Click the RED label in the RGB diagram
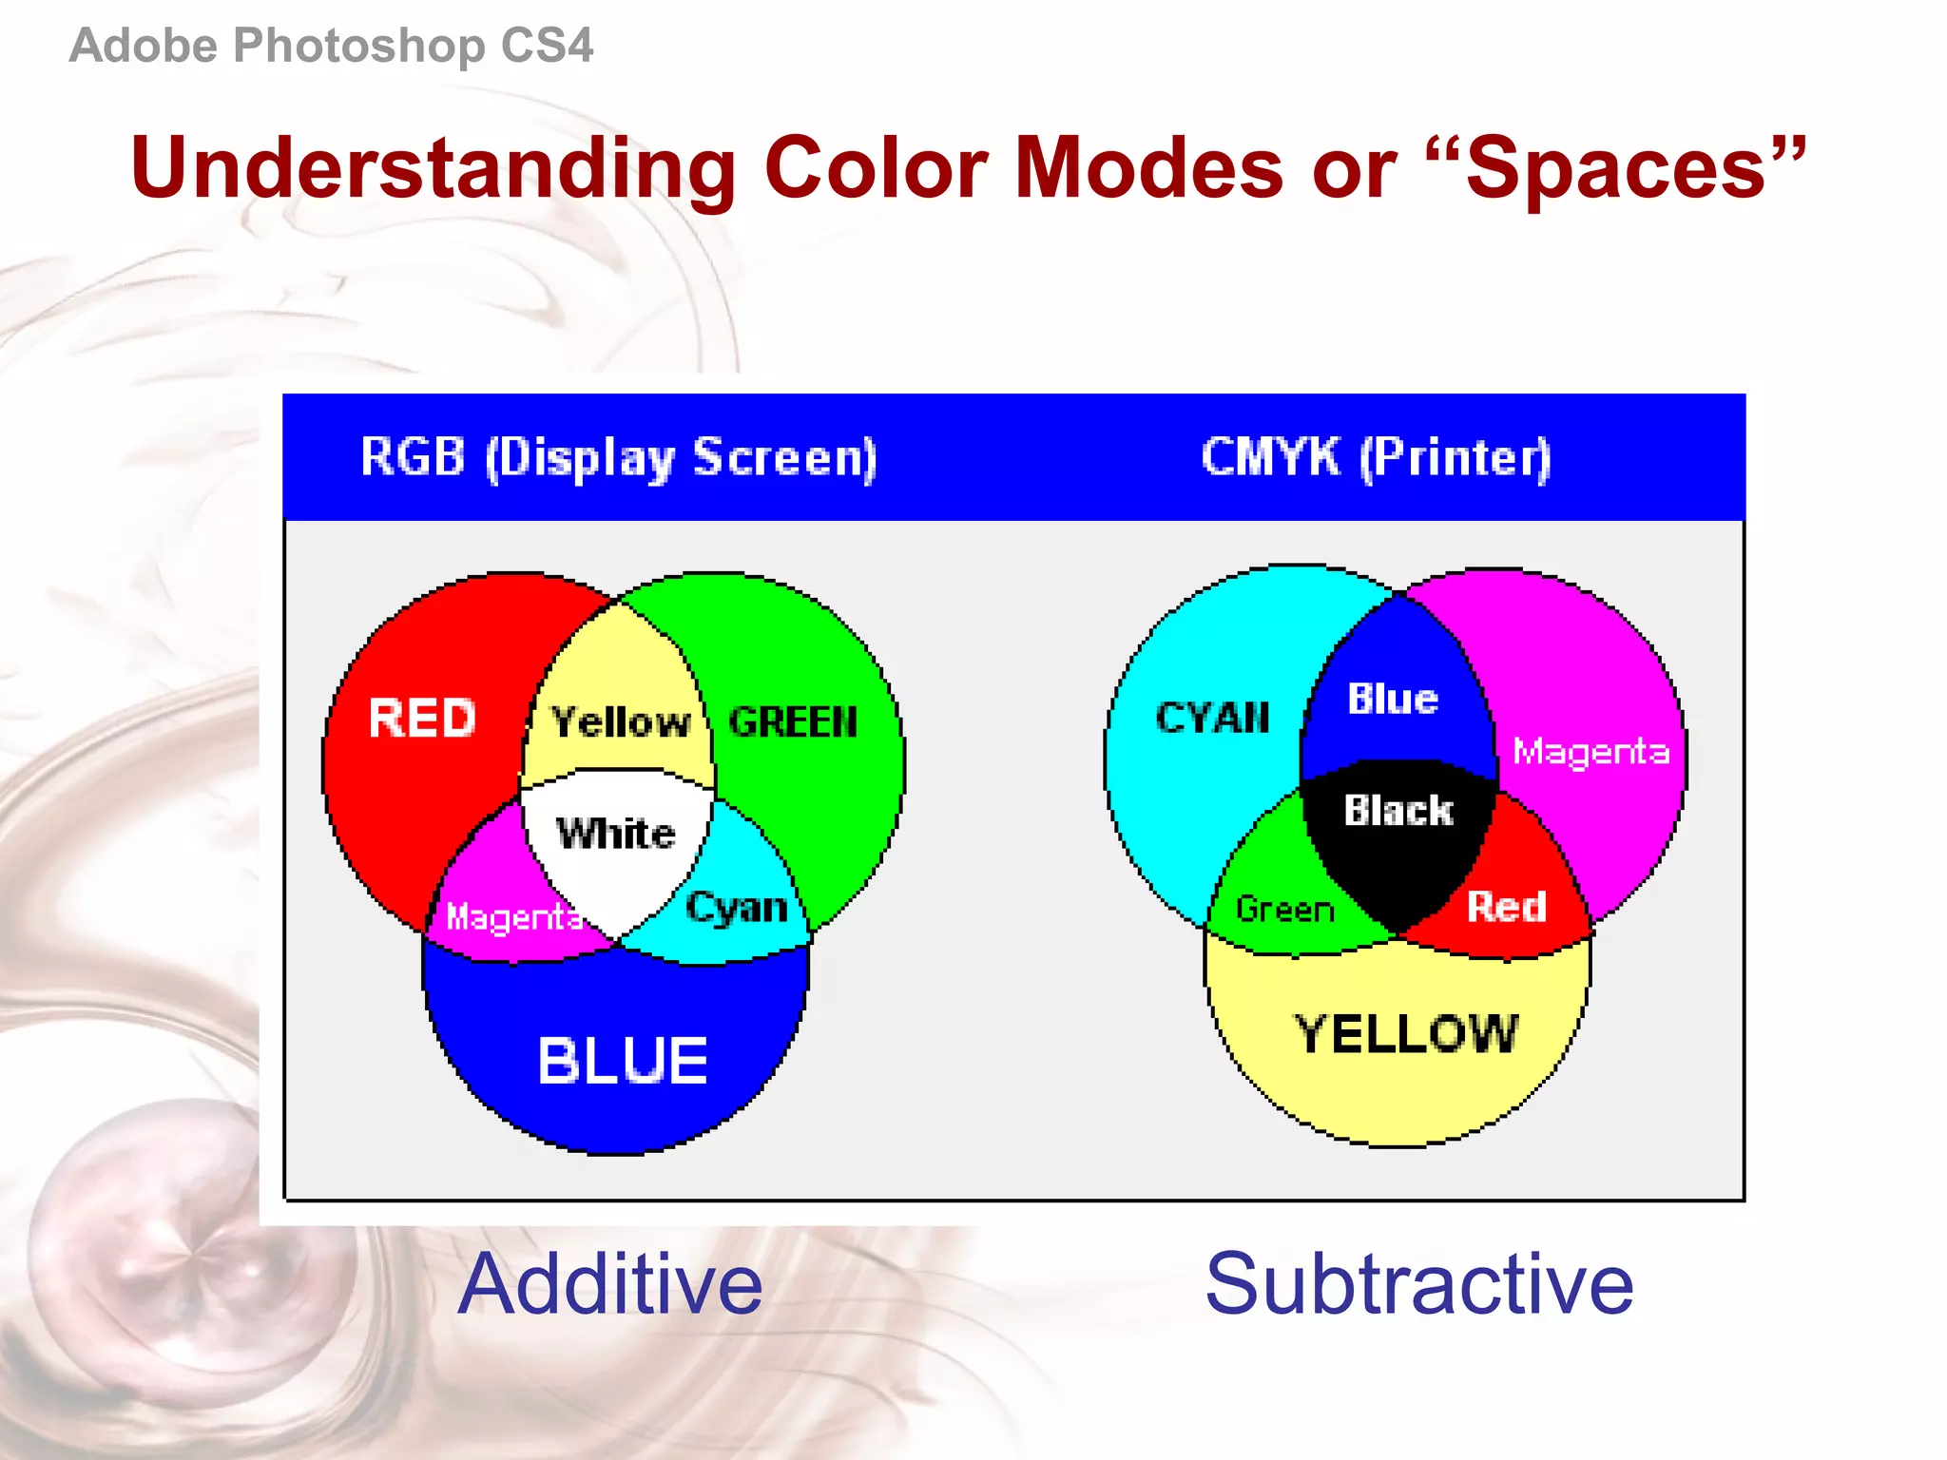pyautogui.click(x=422, y=718)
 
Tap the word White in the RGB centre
pyautogui.click(x=615, y=834)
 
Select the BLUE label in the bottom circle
pyautogui.click(x=623, y=1061)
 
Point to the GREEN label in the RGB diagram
pyautogui.click(x=793, y=722)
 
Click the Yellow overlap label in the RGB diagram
pyautogui.click(x=620, y=722)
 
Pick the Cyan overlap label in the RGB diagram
pyautogui.click(x=737, y=908)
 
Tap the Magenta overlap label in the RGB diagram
pyautogui.click(x=514, y=917)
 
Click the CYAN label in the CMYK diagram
pyautogui.click(x=1212, y=718)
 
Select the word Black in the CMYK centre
pyautogui.click(x=1398, y=811)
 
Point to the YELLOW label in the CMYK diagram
pyautogui.click(x=1407, y=1034)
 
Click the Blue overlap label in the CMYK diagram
pyautogui.click(x=1393, y=700)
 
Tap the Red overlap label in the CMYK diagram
pyautogui.click(x=1507, y=907)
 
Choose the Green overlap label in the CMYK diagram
pyautogui.click(x=1284, y=910)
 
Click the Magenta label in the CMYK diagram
pyautogui.click(x=1590, y=752)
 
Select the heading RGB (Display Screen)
pyautogui.click(x=619, y=458)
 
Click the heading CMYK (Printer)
pyautogui.click(x=1376, y=458)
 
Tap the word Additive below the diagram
pyautogui.click(x=609, y=1284)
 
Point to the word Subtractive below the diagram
pyautogui.click(x=1418, y=1284)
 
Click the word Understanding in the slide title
pyautogui.click(x=434, y=168)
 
